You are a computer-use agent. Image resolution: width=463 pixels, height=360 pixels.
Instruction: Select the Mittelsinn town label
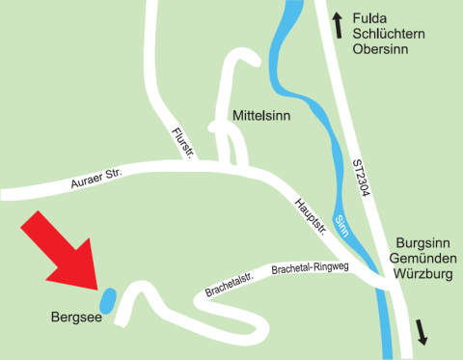click(x=262, y=115)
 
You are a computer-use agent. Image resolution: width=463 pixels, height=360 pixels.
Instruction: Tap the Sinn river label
click(x=341, y=228)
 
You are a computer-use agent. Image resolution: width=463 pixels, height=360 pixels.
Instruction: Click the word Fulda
click(x=370, y=18)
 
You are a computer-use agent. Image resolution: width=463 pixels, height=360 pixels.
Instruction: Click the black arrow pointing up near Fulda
click(x=337, y=24)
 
